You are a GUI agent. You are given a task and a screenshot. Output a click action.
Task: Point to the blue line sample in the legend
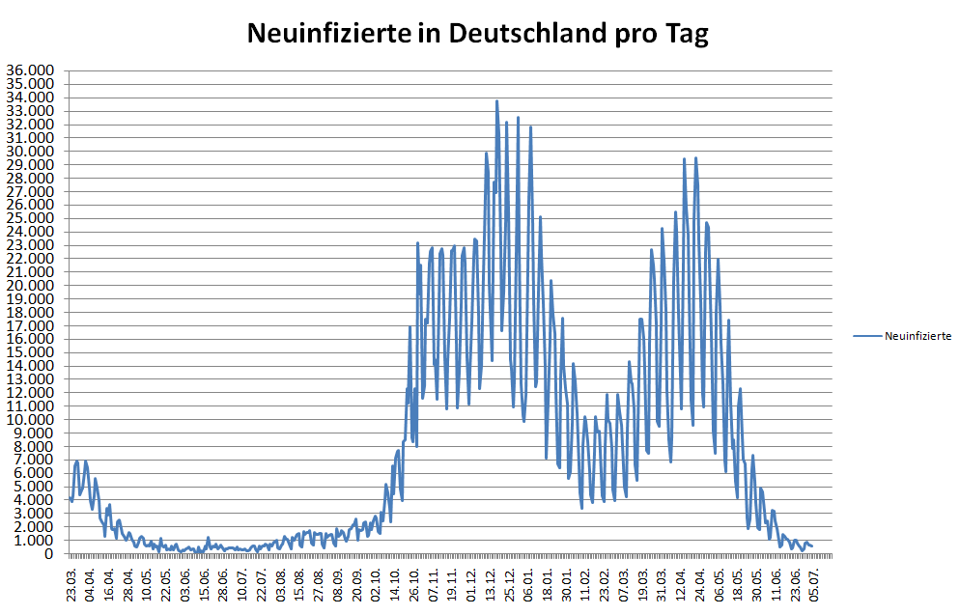point(869,336)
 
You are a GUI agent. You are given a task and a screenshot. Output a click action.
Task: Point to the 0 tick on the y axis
point(49,553)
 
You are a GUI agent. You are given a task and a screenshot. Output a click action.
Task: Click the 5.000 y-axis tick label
point(36,487)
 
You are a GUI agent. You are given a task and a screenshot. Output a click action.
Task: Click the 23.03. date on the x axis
point(72,583)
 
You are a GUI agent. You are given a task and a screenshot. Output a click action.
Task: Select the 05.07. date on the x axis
point(814,583)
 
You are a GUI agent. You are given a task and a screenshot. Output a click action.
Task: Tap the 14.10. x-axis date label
point(395,583)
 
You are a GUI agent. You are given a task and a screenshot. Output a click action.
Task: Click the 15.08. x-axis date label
point(300,583)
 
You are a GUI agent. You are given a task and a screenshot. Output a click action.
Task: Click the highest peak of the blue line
point(496,100)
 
